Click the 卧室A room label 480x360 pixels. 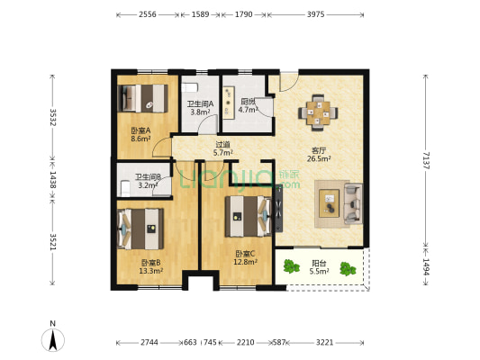click(x=140, y=135)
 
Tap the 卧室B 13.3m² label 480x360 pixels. click(x=150, y=266)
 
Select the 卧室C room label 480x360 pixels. click(x=245, y=257)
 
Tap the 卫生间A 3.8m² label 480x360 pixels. click(x=199, y=108)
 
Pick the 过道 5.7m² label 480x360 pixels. click(x=222, y=148)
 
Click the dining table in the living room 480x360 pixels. click(x=318, y=112)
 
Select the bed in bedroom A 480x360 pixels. click(x=144, y=95)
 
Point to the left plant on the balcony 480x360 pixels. click(x=291, y=266)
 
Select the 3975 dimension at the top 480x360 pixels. click(x=315, y=15)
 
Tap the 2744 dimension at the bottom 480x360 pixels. click(x=149, y=343)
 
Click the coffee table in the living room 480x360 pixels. click(x=330, y=200)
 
